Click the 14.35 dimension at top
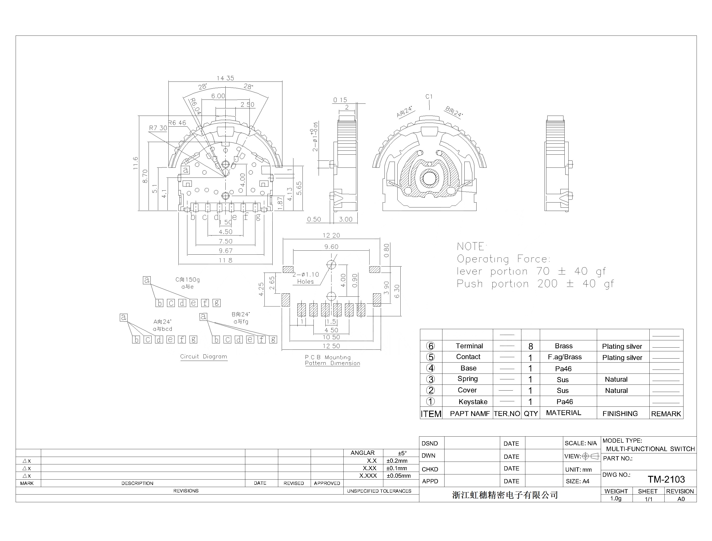225,78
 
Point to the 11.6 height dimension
135,163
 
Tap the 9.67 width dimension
225,251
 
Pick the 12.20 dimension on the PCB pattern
331,235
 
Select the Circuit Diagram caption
203,356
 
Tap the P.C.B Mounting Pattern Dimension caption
332,360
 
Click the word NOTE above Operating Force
471,247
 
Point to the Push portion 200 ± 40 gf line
535,284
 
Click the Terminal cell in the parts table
469,346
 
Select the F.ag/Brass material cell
565,357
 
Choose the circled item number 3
430,379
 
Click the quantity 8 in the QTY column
531,346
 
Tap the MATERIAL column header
563,413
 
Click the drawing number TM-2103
666,480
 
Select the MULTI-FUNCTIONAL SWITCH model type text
650,449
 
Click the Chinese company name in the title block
505,495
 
